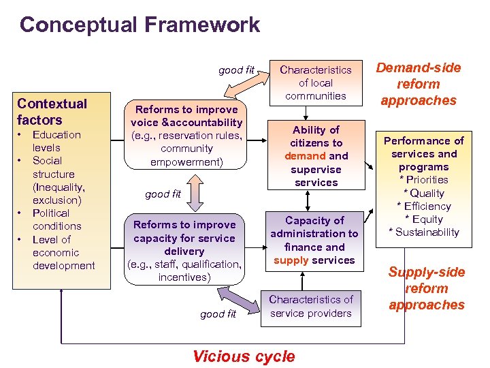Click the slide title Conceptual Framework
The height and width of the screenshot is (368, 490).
coord(140,25)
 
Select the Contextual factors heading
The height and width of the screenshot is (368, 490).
coord(52,112)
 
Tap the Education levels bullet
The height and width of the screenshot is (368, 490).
coord(56,141)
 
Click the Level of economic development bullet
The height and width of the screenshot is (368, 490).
coord(63,252)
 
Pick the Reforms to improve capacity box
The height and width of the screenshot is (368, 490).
coord(184,251)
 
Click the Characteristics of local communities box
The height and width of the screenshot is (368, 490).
coord(316,82)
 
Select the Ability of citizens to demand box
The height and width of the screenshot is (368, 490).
coord(316,155)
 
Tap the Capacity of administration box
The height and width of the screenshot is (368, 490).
coord(314,240)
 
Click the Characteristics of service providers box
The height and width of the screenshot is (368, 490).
coord(310,307)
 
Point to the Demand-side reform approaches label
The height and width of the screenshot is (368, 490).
coord(419,84)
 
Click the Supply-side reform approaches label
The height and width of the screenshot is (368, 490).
coord(427,288)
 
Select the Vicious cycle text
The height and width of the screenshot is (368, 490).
coord(244,356)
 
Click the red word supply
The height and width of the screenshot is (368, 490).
coord(287,260)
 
